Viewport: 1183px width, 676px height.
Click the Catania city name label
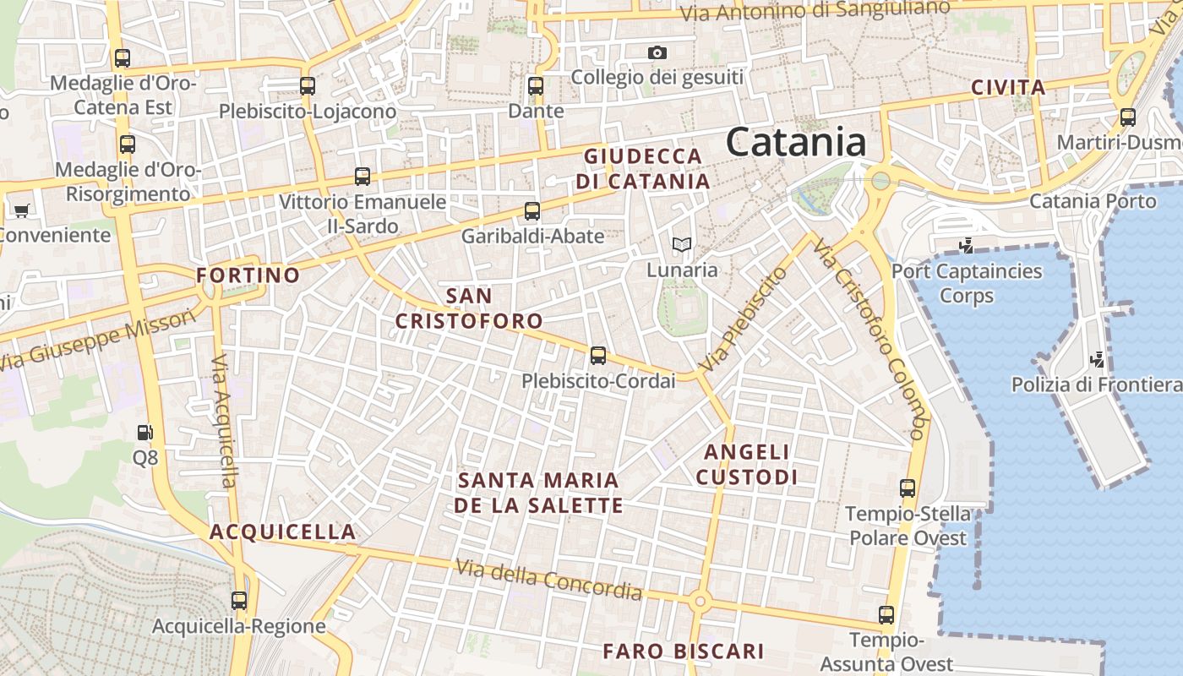point(796,142)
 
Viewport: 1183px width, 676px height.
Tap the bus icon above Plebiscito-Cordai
point(598,356)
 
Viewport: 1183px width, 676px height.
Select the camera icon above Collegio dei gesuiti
point(657,52)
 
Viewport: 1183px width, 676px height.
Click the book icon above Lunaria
point(681,245)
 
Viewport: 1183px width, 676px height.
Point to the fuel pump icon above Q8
point(145,433)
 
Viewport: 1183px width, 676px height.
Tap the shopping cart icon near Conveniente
point(21,210)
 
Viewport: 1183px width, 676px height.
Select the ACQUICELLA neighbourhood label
point(282,532)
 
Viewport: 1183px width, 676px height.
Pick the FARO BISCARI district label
point(683,651)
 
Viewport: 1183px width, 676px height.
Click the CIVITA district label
point(1008,87)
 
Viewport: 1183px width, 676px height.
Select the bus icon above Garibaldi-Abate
point(532,211)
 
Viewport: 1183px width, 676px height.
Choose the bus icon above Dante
point(535,86)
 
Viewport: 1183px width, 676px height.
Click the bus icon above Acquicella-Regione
point(239,601)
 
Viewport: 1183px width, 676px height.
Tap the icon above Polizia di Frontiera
point(1097,360)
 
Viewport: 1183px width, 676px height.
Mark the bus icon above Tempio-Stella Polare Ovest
point(907,488)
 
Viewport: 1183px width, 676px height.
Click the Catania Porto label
point(1092,201)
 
